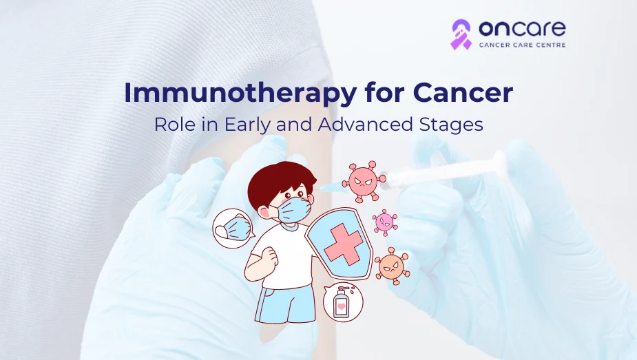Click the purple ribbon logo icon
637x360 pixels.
click(461, 34)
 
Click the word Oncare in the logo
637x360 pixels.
click(522, 28)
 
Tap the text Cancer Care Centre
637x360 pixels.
click(522, 45)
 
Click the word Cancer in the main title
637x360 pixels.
click(463, 92)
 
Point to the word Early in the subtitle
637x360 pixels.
click(247, 125)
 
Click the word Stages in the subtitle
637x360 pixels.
click(450, 125)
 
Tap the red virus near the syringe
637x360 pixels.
click(364, 182)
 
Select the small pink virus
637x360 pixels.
click(385, 223)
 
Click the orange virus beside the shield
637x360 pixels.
click(392, 266)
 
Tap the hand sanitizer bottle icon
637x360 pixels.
click(342, 302)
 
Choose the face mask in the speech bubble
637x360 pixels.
click(232, 228)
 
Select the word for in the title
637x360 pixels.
click(384, 92)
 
